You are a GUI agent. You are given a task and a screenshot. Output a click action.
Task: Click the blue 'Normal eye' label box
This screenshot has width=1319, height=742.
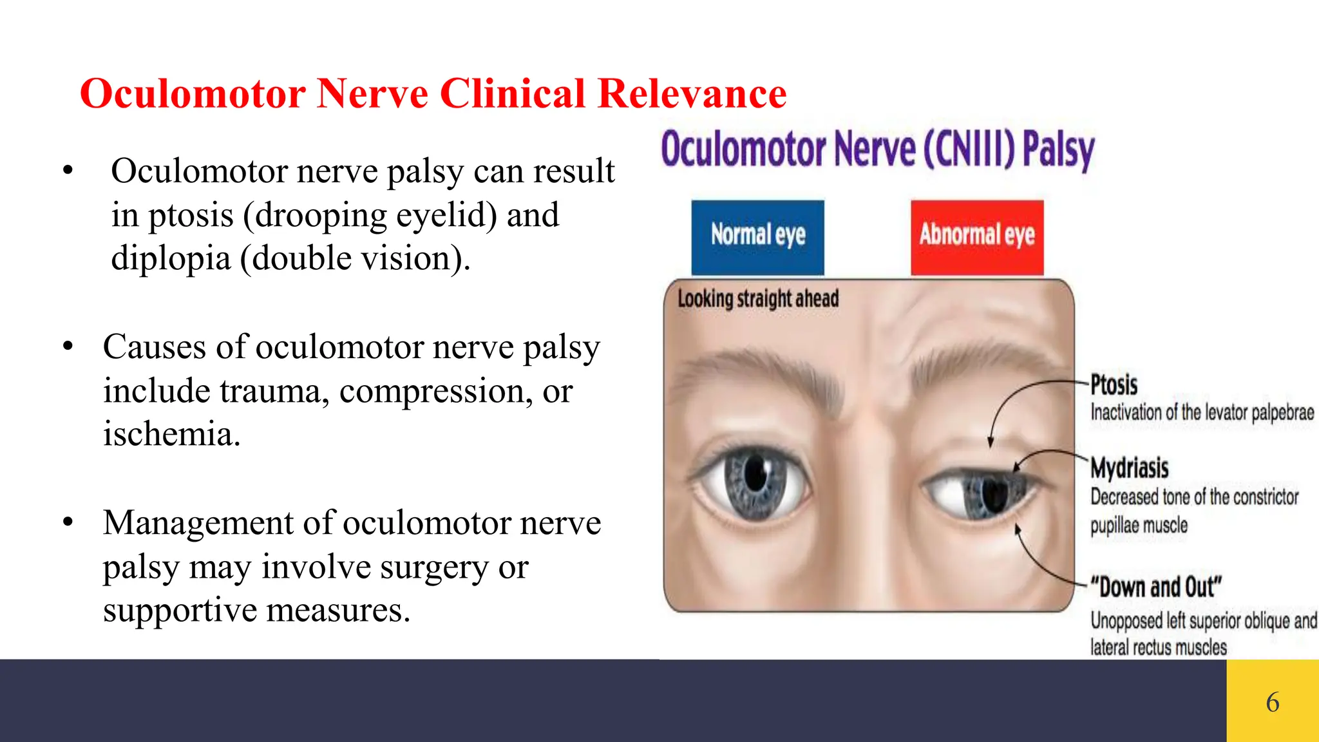pos(757,236)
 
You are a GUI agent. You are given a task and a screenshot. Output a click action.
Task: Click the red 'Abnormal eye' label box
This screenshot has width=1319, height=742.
pos(976,236)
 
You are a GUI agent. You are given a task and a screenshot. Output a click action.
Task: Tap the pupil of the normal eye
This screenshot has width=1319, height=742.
pos(755,476)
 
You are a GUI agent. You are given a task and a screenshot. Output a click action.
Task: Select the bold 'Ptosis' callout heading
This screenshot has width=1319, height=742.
pos(1114,385)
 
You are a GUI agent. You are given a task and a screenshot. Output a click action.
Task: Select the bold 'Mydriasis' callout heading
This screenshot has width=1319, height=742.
pos(1129,468)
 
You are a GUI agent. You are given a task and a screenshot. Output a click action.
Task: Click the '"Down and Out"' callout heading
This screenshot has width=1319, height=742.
pos(1155,587)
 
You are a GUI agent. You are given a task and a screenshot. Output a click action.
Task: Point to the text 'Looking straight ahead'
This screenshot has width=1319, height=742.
pos(758,299)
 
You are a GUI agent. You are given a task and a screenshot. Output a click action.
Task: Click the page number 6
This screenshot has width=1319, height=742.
pos(1273,702)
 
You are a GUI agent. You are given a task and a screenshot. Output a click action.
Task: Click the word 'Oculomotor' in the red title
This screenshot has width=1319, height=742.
pos(193,94)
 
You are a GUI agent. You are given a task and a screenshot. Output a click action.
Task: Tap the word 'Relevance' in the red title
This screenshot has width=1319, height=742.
pos(692,94)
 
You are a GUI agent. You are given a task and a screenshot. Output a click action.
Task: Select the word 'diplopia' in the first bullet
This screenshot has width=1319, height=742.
pos(171,259)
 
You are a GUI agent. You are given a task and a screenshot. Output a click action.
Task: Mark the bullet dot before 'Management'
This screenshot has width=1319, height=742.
pos(68,522)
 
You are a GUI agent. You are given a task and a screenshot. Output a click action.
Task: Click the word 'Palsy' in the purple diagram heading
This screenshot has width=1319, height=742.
pos(1058,150)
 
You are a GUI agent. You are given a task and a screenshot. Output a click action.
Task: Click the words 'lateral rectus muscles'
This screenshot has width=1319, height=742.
pos(1158,647)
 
